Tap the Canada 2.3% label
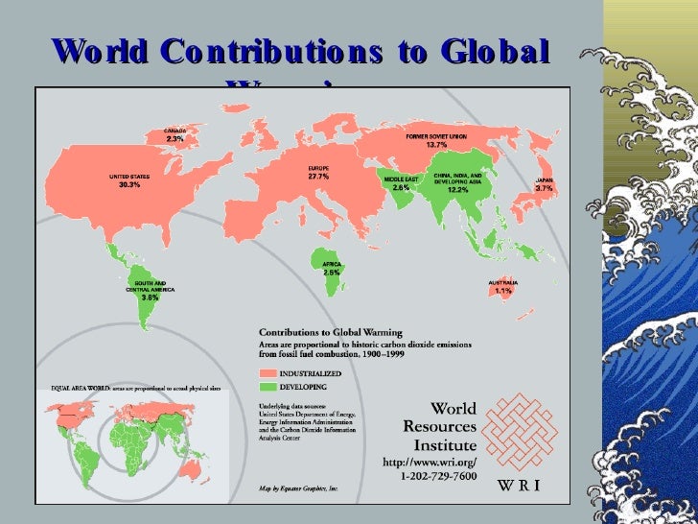click(x=174, y=134)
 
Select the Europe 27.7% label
click(x=291, y=172)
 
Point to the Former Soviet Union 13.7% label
click(x=436, y=141)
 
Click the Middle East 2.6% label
click(x=401, y=183)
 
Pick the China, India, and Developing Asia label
click(x=457, y=183)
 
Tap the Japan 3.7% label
click(x=544, y=184)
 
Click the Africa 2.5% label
click(x=332, y=268)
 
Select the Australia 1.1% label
click(x=503, y=286)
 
